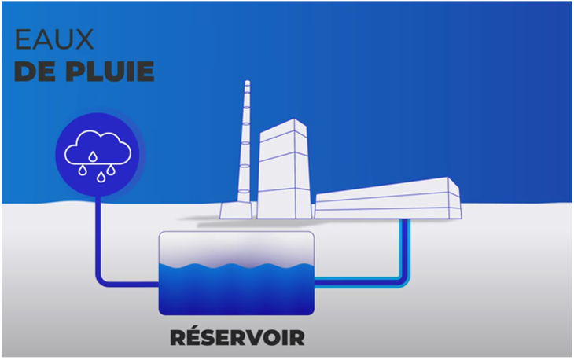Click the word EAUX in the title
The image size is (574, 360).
54,39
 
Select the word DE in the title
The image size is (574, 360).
39,72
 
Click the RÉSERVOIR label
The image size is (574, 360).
237,337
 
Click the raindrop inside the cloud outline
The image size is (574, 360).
93,156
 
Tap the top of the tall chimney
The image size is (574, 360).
248,82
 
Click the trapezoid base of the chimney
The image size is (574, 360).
236,211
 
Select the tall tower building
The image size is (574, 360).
284,169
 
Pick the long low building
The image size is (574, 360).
388,199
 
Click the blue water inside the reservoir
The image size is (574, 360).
237,291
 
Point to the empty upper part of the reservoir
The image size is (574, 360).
237,248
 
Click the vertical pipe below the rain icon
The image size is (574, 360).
98,234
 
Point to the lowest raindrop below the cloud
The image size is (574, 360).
101,177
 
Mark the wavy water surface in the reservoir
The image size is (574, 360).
237,266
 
